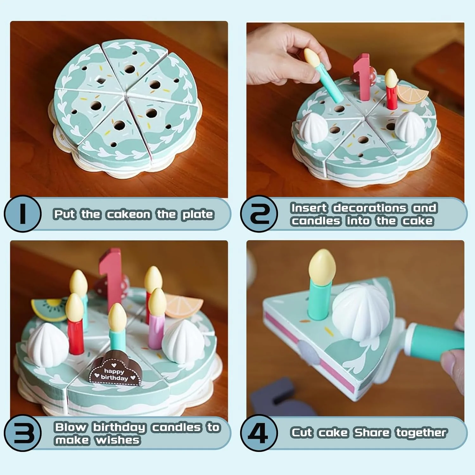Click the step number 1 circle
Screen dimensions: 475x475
click(22, 214)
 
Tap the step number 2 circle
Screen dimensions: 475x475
click(259, 214)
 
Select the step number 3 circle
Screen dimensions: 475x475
click(22, 433)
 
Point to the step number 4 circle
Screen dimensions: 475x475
click(259, 433)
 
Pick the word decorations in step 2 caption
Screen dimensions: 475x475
click(370, 208)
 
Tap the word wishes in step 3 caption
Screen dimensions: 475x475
click(117, 440)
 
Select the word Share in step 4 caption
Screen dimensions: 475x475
click(372, 433)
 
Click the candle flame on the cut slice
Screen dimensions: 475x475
click(322, 265)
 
